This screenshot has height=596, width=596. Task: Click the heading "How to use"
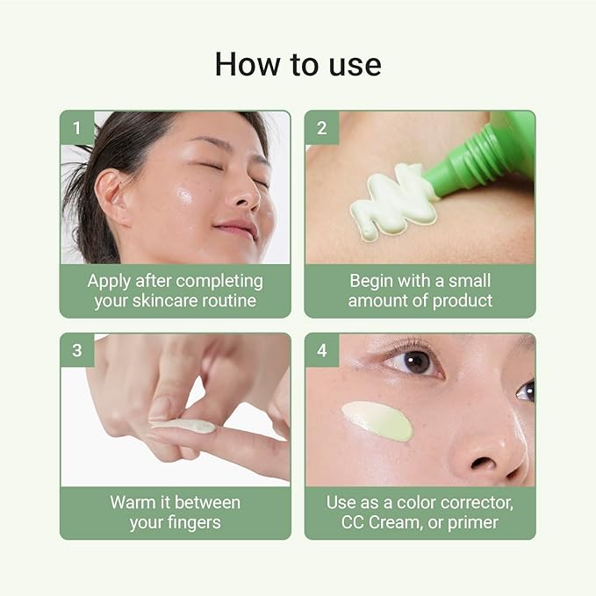(x=298, y=63)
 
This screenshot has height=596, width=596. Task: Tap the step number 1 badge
(x=77, y=128)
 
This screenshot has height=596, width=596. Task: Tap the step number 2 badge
(x=322, y=128)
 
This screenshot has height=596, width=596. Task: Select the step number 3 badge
(x=77, y=350)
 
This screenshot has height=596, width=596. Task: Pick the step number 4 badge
(x=322, y=350)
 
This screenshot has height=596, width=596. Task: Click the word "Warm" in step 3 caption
(x=133, y=503)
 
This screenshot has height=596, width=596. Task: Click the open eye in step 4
(x=414, y=362)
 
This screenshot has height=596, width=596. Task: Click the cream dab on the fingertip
(x=187, y=426)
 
